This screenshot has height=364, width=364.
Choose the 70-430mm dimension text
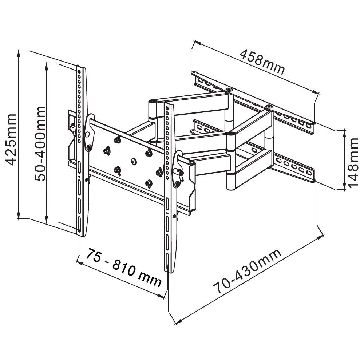pyautogui.click(x=248, y=272)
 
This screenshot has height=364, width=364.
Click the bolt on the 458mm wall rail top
pyautogui.click(x=229, y=89)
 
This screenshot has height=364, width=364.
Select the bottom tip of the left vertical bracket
pyautogui.click(x=80, y=235)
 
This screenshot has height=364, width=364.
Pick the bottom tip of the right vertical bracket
pyautogui.click(x=170, y=272)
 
